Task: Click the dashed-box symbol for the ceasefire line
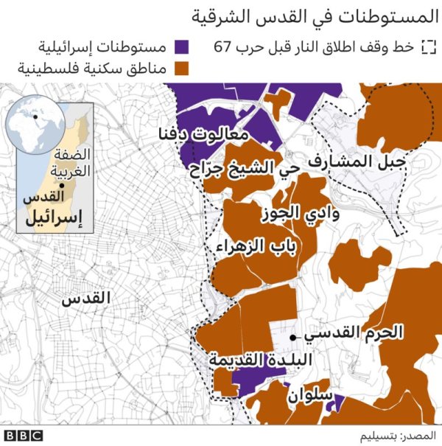(427, 48)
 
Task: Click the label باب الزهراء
(256, 247)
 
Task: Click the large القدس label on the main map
(85, 299)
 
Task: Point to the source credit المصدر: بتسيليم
(397, 436)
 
